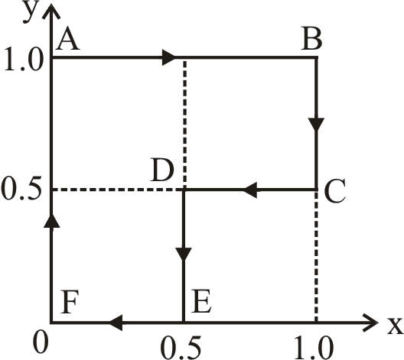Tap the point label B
coord(311,40)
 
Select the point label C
coord(335,190)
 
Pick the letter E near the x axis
coord(201,301)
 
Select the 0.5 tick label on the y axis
coord(21,188)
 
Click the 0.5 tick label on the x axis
coord(181,348)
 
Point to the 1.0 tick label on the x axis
coord(314,348)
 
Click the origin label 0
coord(41,343)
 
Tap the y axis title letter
coord(31,11)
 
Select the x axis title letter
coord(396,326)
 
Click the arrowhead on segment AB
coord(169,57)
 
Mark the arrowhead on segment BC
coord(316,125)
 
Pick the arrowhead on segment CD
coord(249,190)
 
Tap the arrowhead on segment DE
coord(184,255)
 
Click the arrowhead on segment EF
coord(115,323)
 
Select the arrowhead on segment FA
coord(52,221)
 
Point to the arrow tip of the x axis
coord(378,323)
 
